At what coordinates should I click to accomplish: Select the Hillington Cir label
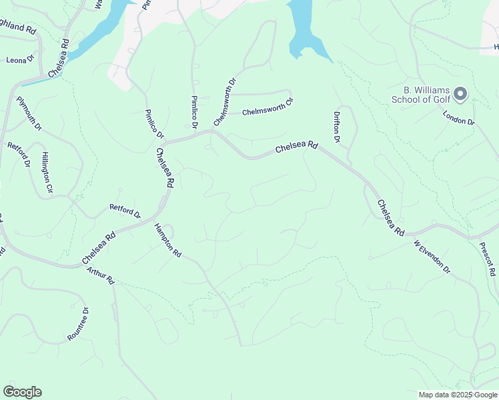(x=47, y=173)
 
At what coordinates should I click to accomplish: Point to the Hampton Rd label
(x=167, y=240)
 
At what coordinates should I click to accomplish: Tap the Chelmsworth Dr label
(x=225, y=103)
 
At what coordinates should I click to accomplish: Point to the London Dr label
(x=458, y=117)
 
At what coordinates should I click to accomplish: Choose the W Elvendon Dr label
(x=432, y=257)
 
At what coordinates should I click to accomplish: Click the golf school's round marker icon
(x=460, y=94)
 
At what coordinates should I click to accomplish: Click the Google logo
(x=22, y=392)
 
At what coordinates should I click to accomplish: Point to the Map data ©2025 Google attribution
(x=458, y=395)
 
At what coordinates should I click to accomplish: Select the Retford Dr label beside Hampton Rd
(x=125, y=211)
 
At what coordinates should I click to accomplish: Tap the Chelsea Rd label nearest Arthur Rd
(x=99, y=247)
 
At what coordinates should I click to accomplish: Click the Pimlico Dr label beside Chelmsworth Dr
(x=194, y=111)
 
